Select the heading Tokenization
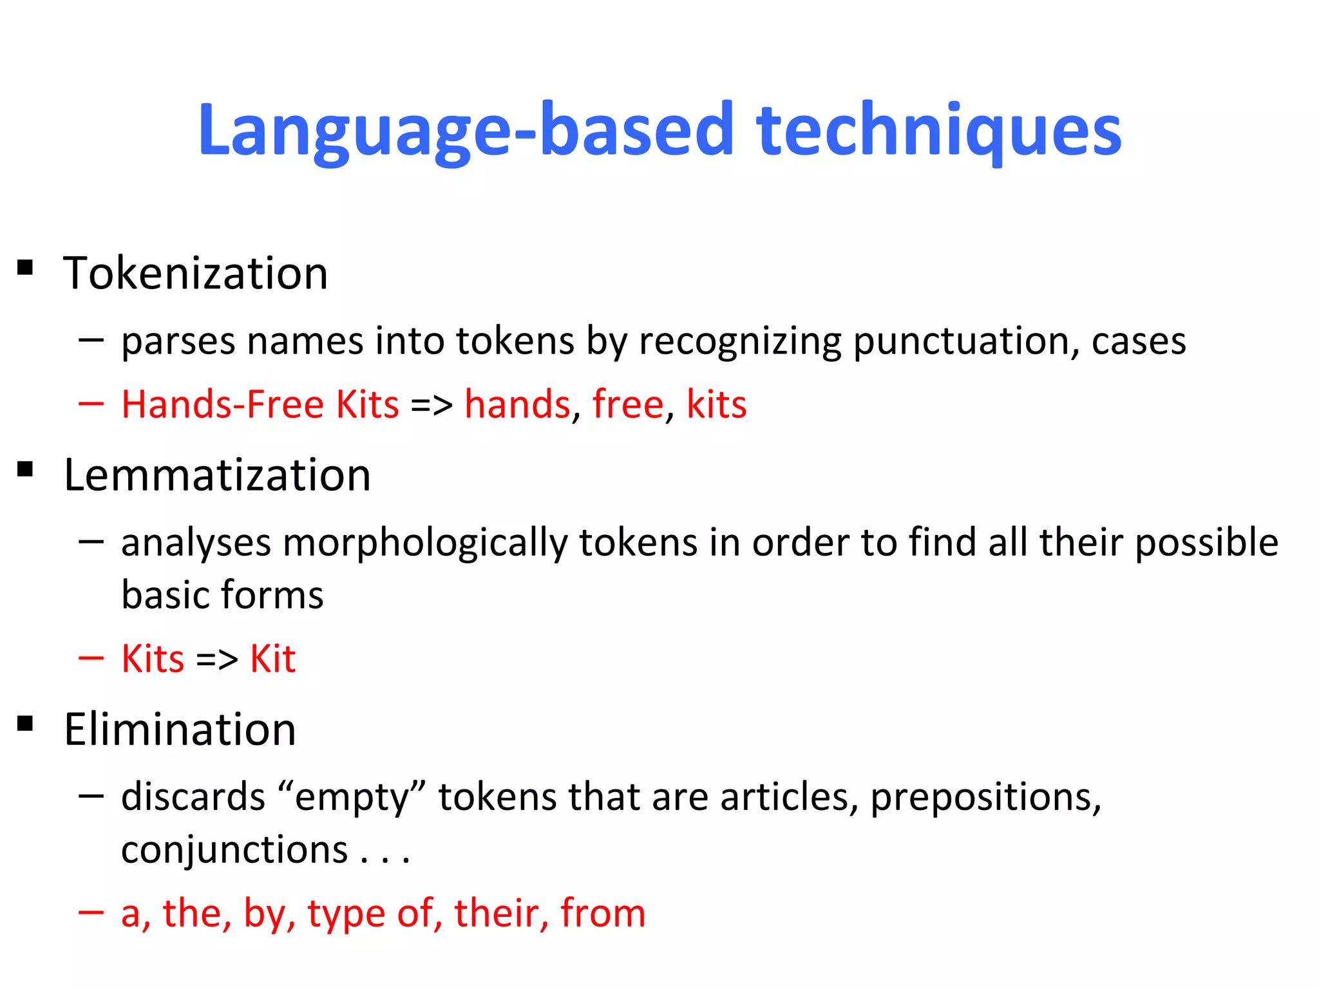196,274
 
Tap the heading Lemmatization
217,475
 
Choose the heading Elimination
180,730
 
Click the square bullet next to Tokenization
25,267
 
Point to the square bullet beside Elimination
25,724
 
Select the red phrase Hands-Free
222,405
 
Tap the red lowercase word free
627,405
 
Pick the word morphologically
425,543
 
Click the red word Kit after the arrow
272,659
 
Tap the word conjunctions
234,850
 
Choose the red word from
602,913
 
